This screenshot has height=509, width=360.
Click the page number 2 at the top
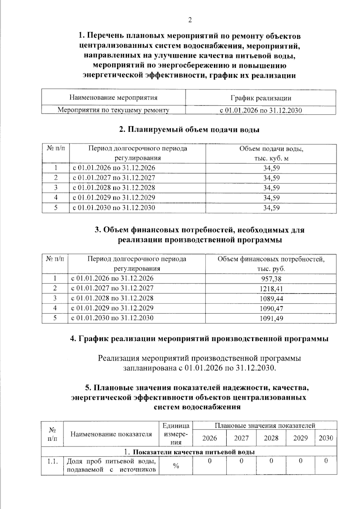pos(190,20)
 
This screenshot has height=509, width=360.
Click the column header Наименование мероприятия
pos(113,97)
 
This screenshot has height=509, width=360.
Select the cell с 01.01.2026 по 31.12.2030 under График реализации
pos(261,110)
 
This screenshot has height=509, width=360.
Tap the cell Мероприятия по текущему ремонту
pos(113,110)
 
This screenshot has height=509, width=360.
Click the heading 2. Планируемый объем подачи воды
pos(189,130)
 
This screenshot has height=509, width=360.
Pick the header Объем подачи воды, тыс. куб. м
pos(271,153)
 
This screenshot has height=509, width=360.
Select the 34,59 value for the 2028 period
pos(271,188)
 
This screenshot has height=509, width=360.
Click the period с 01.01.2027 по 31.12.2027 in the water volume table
pos(114,178)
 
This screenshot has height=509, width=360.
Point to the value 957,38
pos(271,279)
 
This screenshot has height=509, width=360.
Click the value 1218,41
pos(271,289)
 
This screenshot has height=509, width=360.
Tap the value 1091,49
pos(271,319)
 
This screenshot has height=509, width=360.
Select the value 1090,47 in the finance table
pos(271,309)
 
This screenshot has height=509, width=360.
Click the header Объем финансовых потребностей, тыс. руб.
pos(271,264)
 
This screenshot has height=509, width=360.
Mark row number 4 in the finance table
pos(55,308)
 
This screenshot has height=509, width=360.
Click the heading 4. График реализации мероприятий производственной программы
pos(199,339)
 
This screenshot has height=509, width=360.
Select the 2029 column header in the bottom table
pos(300,438)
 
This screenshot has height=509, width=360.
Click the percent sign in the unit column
pos(176,466)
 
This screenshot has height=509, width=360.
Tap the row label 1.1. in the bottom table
pos(52,462)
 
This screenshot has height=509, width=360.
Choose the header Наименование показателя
pos(111,434)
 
